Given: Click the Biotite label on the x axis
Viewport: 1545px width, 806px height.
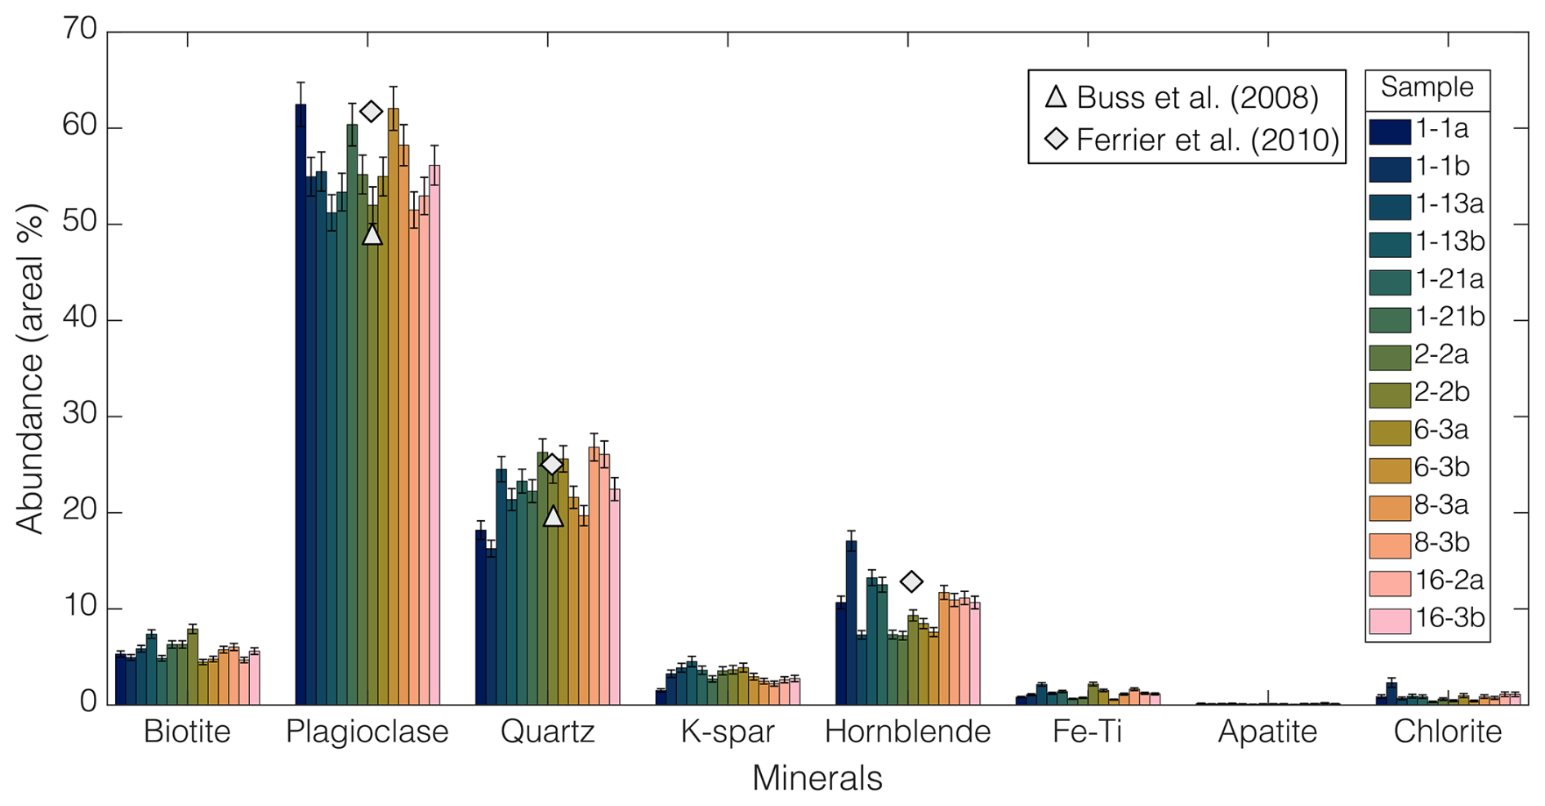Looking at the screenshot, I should [x=187, y=731].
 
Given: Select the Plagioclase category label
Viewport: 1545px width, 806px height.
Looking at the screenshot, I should [x=367, y=731].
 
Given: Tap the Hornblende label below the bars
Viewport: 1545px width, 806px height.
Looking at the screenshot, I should [x=907, y=731].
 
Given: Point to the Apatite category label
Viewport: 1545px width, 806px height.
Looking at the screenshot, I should [x=1267, y=731].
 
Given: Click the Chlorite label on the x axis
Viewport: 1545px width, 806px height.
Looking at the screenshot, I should [x=1447, y=731].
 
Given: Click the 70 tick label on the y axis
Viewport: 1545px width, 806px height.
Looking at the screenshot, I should [x=79, y=30].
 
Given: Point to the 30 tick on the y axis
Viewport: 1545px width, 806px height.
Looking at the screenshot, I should [x=79, y=416].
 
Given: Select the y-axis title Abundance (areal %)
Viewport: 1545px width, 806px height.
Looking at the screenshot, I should [x=30, y=369].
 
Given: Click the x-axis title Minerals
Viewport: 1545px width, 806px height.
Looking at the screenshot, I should [x=817, y=778].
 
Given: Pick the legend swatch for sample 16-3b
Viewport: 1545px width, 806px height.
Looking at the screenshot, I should [x=1390, y=620].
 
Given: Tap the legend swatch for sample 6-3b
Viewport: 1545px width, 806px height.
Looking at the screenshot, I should [x=1390, y=470].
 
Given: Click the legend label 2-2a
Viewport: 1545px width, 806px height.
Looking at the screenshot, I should [x=1441, y=355].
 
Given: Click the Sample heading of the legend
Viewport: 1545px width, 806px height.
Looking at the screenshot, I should [x=1427, y=87].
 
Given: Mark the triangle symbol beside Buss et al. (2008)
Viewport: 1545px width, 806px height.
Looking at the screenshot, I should [x=1057, y=97].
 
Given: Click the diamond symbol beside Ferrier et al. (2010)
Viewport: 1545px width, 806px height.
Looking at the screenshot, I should [x=1057, y=140].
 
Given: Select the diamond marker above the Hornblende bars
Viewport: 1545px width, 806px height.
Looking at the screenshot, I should [x=911, y=581].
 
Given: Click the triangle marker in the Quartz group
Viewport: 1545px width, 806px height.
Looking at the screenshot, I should [x=553, y=516].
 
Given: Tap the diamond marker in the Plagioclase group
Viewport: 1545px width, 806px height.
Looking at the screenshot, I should [x=372, y=111].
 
